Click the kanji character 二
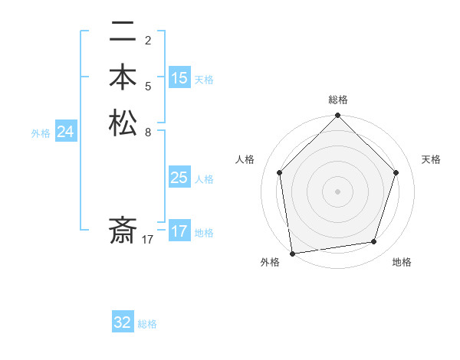click(123, 33)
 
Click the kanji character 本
click(123, 77)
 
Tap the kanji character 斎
click(123, 230)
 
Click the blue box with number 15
click(179, 78)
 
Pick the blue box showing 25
click(179, 178)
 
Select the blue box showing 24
click(66, 133)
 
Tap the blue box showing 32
click(123, 322)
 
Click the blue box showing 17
click(179, 231)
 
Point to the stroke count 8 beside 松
click(148, 132)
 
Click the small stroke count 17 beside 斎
click(148, 240)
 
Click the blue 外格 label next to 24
click(41, 133)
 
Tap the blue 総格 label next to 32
click(147, 324)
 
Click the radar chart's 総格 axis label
click(337, 100)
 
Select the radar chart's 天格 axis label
click(432, 159)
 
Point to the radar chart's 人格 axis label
click(245, 159)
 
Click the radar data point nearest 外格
click(292, 253)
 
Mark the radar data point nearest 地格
click(374, 242)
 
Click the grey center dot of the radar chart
click(337, 191)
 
